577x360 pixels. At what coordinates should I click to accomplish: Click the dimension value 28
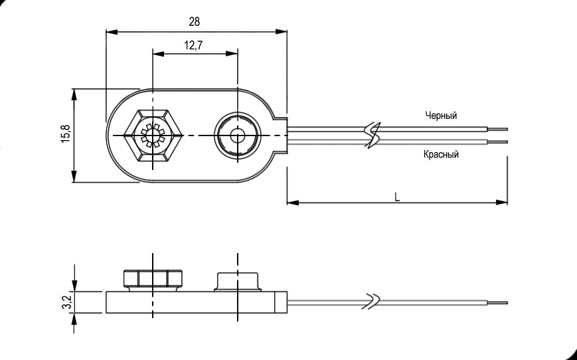click(194, 21)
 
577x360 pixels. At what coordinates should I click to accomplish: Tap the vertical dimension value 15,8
click(64, 134)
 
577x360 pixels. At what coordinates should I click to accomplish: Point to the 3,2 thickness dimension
click(65, 302)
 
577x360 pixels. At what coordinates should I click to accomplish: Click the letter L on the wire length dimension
click(396, 197)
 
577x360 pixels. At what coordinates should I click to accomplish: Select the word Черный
click(441, 116)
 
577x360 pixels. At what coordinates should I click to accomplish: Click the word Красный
click(441, 155)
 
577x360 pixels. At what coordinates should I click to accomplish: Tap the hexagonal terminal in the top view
click(153, 135)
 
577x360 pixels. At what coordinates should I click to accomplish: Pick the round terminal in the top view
click(237, 135)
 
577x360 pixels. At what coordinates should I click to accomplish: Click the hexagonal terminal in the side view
click(153, 279)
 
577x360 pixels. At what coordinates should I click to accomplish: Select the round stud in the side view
click(237, 280)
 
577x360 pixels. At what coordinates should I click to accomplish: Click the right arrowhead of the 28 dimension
click(282, 31)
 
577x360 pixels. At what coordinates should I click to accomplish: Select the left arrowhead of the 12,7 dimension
click(157, 54)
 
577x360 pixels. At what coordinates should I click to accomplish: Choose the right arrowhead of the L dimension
click(503, 202)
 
